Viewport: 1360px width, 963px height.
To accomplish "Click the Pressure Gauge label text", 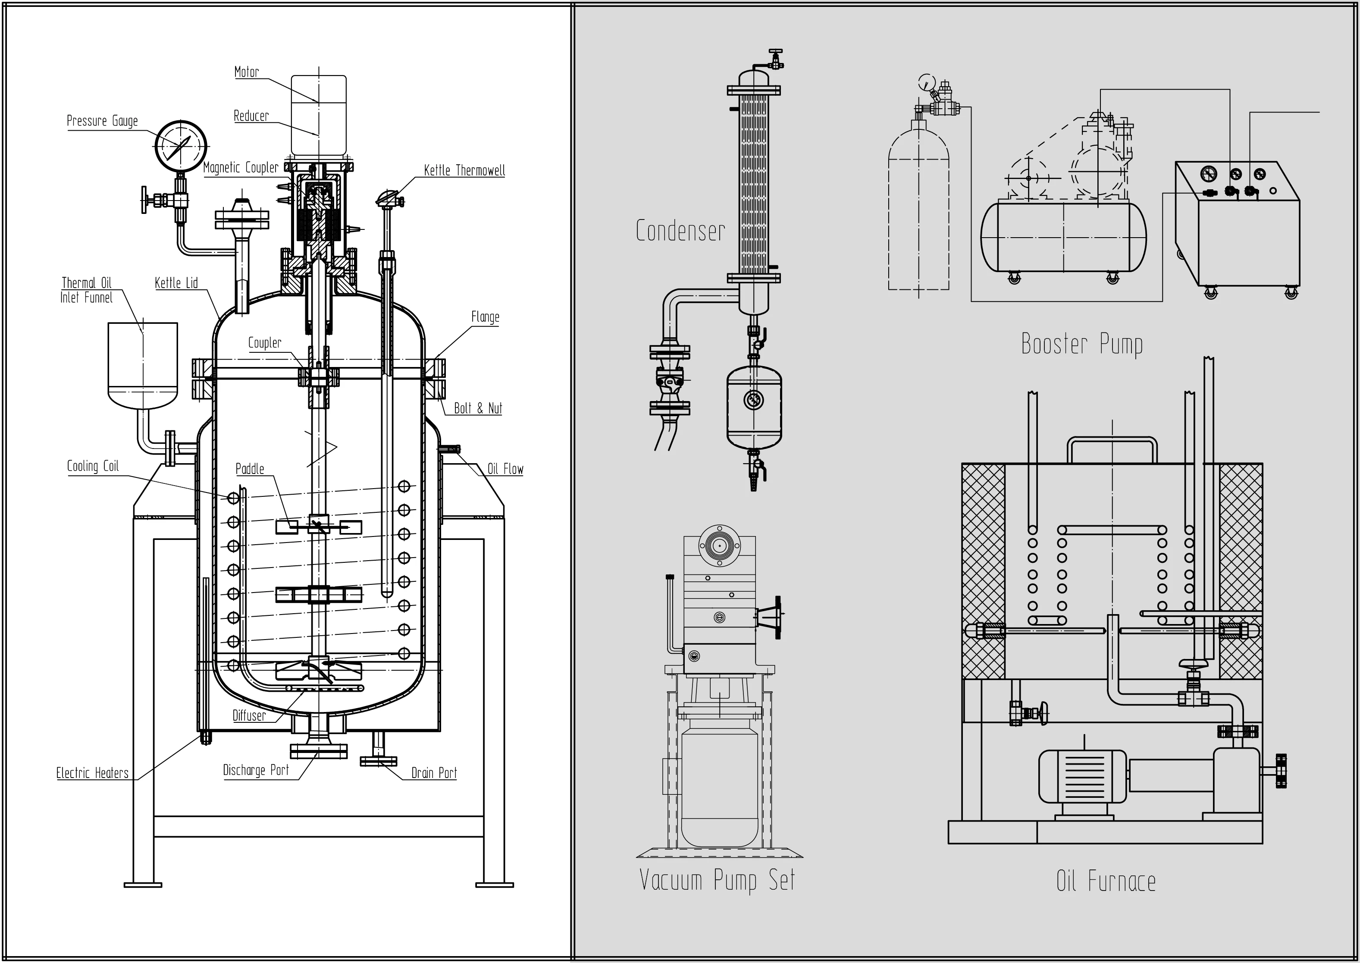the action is pos(102,121).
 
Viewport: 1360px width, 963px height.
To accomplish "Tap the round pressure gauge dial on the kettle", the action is pos(182,146).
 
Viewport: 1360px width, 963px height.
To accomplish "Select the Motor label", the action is pos(247,72).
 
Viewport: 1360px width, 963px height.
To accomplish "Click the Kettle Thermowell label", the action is pos(464,170).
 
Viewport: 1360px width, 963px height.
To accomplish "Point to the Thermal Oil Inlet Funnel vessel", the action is pos(143,366).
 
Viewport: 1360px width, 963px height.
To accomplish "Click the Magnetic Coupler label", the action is pos(241,168).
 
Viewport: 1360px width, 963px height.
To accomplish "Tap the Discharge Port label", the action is pos(256,770).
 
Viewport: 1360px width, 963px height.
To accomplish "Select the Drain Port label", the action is pos(434,773).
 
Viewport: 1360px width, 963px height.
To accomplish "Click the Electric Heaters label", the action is pos(92,773).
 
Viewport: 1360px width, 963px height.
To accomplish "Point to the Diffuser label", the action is pos(249,716).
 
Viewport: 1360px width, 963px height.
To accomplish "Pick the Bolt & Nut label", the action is pos(478,408).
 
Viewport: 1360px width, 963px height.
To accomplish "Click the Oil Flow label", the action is pos(505,469).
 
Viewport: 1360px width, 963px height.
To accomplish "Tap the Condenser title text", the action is pos(680,231).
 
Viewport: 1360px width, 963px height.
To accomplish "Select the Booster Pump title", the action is pos(1082,344).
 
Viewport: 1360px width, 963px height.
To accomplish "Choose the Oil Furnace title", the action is pos(1106,881).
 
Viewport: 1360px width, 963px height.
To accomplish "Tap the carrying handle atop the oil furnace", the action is pos(1112,449).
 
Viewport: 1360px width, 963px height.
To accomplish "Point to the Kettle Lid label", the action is pos(176,283).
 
